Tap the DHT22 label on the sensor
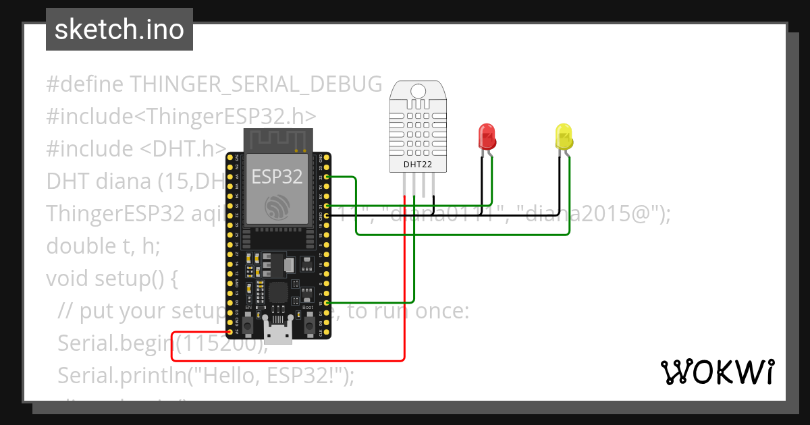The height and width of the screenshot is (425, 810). pyautogui.click(x=418, y=164)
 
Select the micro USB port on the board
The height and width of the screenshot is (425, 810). pyautogui.click(x=278, y=333)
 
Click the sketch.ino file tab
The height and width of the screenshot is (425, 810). pyautogui.click(x=119, y=30)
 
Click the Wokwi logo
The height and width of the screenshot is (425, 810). pyautogui.click(x=716, y=372)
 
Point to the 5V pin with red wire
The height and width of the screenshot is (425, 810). pyautogui.click(x=230, y=332)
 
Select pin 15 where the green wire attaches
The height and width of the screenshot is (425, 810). pyautogui.click(x=327, y=303)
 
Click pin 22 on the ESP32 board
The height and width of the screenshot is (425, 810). pyautogui.click(x=327, y=177)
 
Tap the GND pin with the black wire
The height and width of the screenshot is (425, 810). pyautogui.click(x=327, y=215)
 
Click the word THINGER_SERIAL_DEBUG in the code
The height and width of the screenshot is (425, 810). pyautogui.click(x=256, y=84)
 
